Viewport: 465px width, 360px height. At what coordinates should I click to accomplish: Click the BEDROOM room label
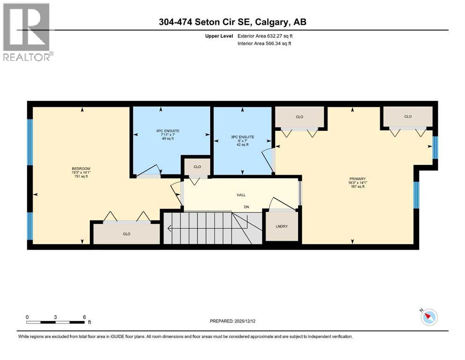[81, 168]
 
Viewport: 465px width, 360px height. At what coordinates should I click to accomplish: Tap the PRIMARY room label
[357, 179]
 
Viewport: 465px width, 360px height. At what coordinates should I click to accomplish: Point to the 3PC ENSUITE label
[243, 137]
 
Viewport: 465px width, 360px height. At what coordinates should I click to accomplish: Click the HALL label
[241, 195]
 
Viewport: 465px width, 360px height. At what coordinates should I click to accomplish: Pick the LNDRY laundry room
[281, 227]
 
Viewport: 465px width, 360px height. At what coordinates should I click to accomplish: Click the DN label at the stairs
[245, 207]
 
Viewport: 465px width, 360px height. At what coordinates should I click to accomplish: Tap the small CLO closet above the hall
[197, 166]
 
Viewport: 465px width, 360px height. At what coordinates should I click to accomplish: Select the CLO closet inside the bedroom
[126, 233]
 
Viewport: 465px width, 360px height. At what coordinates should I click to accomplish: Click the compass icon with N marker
[428, 317]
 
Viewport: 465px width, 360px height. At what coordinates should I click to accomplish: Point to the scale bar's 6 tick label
[84, 317]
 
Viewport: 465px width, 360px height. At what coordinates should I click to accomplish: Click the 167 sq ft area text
[357, 187]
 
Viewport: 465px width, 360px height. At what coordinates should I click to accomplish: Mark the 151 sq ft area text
[81, 176]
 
